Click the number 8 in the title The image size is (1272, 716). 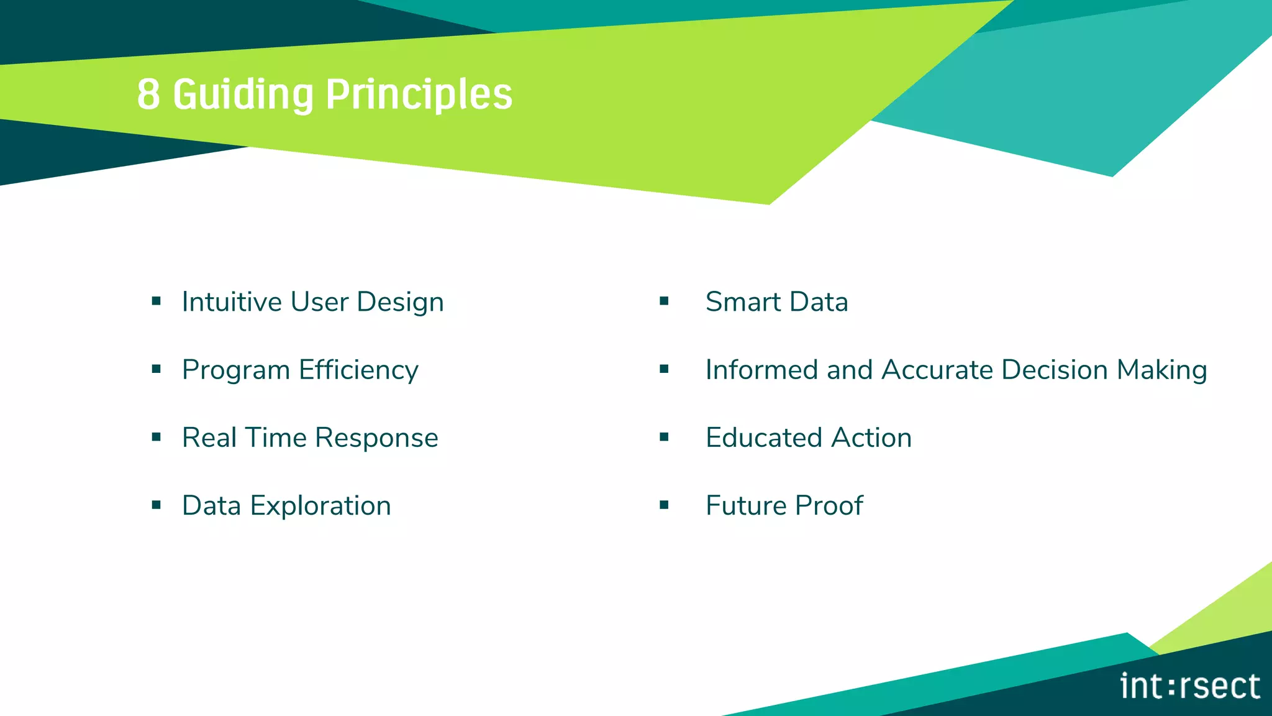click(148, 94)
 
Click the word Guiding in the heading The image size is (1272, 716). click(243, 94)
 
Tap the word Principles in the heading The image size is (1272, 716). click(419, 94)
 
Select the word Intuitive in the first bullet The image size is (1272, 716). click(232, 302)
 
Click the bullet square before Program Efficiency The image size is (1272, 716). click(157, 369)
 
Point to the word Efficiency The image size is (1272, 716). click(358, 370)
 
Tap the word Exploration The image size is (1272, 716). click(320, 506)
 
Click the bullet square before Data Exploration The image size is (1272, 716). click(157, 505)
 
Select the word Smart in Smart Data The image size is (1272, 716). click(743, 302)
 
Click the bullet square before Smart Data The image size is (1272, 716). click(664, 301)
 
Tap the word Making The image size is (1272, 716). click(1161, 370)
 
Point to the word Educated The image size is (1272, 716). click(765, 438)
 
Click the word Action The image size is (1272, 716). click(871, 438)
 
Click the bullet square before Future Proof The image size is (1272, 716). click(664, 505)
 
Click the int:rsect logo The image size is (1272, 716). click(1189, 686)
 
